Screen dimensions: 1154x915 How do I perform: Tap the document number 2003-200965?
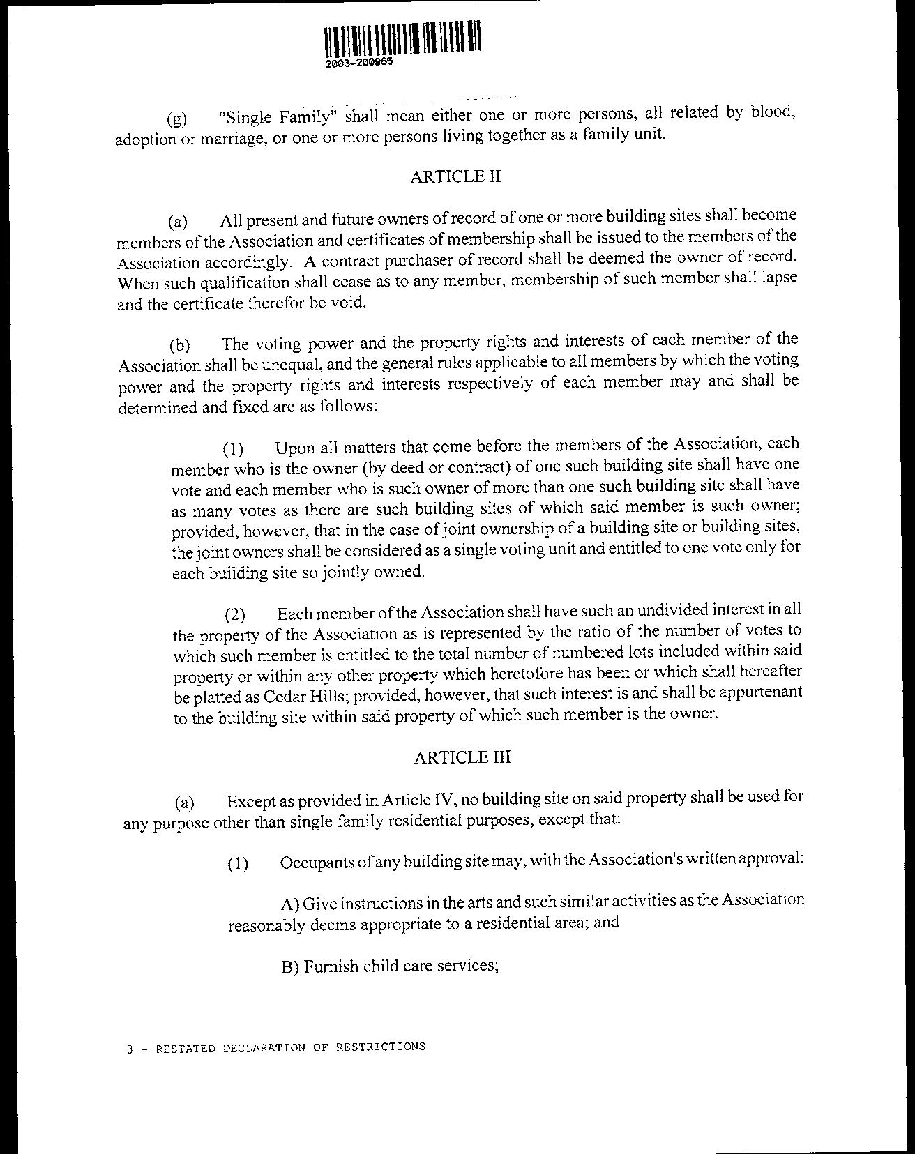358,62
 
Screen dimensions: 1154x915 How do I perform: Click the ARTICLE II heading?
455,176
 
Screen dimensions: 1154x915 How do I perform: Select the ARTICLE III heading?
462,757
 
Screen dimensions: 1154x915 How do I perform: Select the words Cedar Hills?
304,697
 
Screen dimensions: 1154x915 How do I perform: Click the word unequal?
278,364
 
